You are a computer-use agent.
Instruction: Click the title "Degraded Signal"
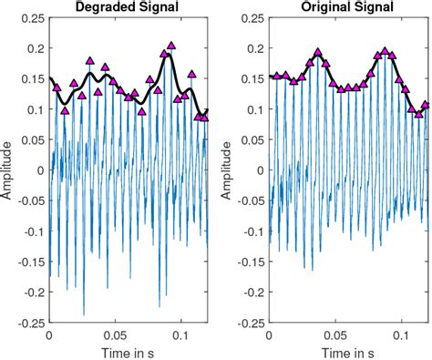point(129,8)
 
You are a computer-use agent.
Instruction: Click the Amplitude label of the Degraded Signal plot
point(8,170)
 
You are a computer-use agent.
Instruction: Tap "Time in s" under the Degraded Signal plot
point(129,351)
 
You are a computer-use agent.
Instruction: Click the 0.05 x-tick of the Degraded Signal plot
point(115,334)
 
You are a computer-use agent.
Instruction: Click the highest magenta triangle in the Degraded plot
point(171,45)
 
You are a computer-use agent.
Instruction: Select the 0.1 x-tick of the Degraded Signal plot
point(182,334)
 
